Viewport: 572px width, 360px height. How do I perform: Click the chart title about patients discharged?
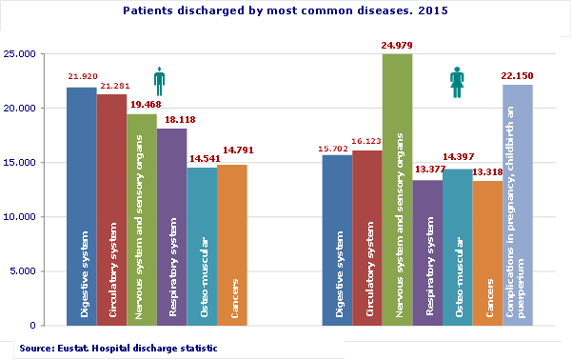coord(286,12)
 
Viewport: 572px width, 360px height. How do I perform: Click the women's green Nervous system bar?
coord(397,190)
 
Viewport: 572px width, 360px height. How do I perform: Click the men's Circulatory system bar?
coord(111,210)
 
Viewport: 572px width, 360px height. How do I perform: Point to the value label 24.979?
coord(397,46)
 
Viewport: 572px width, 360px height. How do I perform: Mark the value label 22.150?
coord(518,74)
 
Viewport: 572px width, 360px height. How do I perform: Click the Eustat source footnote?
coord(118,349)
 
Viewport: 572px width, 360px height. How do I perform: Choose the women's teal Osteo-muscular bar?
coord(457,248)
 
